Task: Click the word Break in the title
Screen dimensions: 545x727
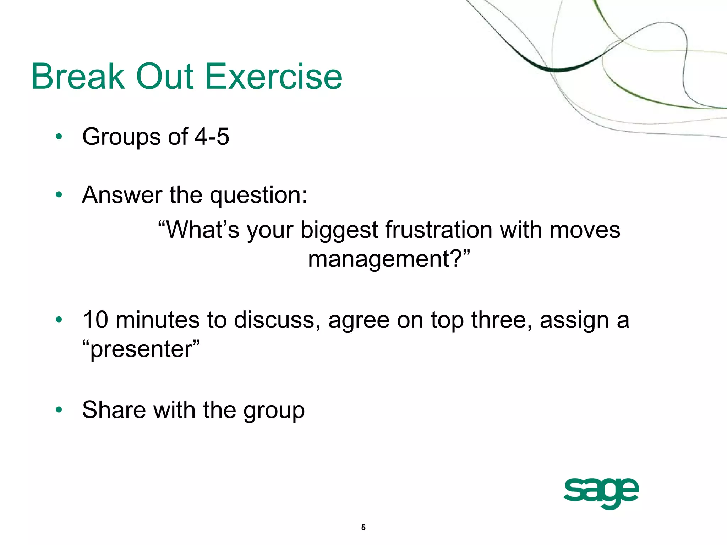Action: (78, 76)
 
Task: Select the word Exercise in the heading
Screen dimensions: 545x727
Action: (274, 76)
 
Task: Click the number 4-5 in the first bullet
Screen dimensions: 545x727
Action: (212, 137)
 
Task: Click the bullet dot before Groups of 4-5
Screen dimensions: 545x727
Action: (59, 137)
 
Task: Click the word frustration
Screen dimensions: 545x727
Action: (439, 230)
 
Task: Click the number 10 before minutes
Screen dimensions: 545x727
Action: (95, 320)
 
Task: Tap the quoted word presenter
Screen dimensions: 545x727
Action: (141, 350)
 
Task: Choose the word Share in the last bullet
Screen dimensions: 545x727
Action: (114, 410)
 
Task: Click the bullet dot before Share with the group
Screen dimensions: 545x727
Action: (59, 410)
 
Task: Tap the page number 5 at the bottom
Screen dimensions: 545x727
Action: (363, 527)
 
